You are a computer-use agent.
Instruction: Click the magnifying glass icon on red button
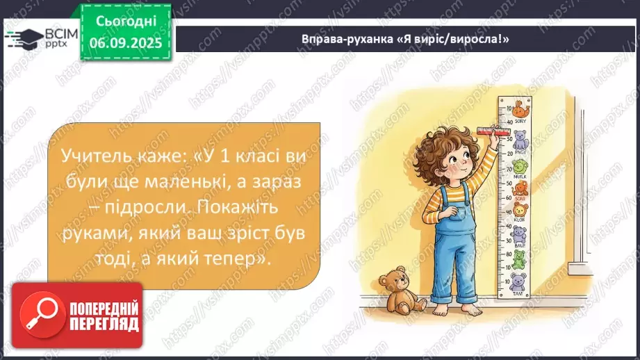[x=40, y=314]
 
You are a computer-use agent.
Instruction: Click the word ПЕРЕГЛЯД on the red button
[x=104, y=323]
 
